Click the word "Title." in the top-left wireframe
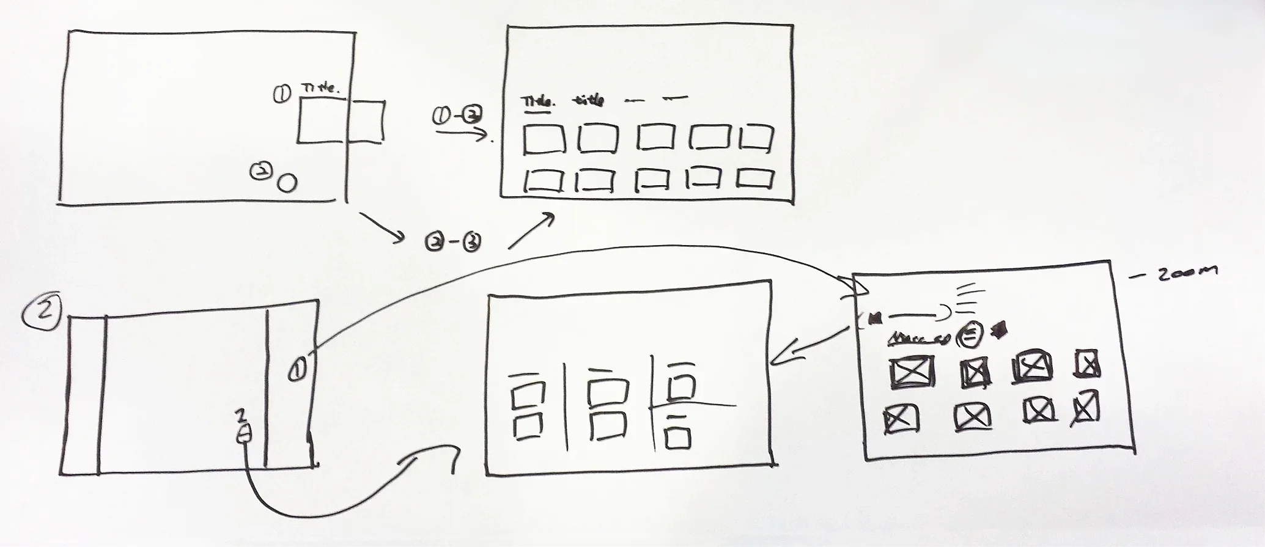coord(320,89)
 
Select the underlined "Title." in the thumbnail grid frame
coord(537,101)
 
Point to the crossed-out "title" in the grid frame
coord(588,100)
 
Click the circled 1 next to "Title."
coord(282,94)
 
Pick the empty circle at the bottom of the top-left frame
coord(287,182)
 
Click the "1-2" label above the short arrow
coord(457,115)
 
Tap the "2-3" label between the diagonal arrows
coord(452,243)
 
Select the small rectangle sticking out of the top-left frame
coord(366,122)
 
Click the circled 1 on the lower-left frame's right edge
coord(298,369)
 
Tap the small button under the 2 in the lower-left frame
coord(243,435)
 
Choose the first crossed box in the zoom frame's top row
coord(912,373)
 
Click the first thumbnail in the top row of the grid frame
coord(543,139)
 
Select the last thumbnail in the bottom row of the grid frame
coord(754,180)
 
